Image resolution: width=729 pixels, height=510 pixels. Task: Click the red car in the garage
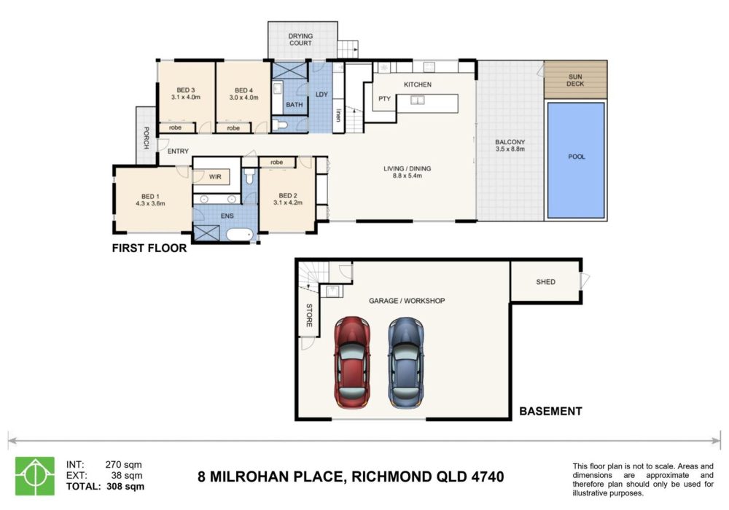352,363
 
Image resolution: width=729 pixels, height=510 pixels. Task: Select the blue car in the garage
406,363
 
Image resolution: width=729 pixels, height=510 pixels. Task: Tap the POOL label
577,157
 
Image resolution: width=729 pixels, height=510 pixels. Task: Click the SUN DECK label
575,80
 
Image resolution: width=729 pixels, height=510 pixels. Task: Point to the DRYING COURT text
300,39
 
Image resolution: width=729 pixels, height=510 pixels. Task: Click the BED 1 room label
150,197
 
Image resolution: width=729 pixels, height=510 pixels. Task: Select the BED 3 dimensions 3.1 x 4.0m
185,98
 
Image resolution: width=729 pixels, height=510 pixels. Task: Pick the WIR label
215,177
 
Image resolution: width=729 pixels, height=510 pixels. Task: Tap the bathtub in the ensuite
240,234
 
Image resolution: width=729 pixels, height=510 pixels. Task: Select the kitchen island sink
418,100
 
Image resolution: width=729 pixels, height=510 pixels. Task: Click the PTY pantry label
384,99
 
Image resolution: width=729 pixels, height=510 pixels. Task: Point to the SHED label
545,282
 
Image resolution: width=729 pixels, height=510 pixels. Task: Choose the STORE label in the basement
309,315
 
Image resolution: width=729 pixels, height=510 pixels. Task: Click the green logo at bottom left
35,476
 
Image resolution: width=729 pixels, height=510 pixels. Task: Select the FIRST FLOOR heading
149,248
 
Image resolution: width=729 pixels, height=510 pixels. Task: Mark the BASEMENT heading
550,412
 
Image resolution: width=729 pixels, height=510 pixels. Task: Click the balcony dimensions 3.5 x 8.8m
510,149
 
